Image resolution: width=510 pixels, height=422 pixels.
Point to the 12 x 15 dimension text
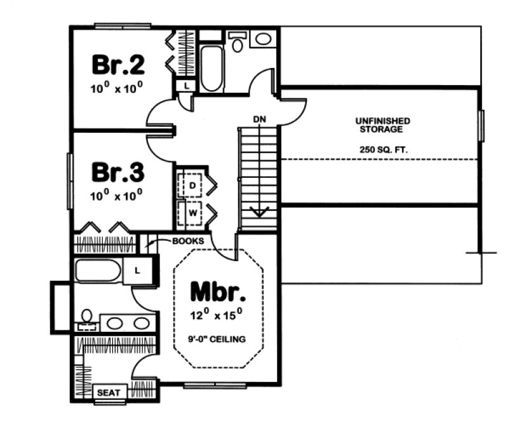(218, 315)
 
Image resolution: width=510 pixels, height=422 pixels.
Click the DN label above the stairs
(258, 119)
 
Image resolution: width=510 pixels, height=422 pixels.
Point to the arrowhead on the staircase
(259, 211)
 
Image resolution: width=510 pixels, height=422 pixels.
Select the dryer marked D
(191, 185)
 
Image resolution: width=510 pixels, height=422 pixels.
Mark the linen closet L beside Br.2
(185, 85)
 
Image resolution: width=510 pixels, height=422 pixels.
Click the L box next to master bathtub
(137, 271)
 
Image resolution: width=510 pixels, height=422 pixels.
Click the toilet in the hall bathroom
(238, 43)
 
